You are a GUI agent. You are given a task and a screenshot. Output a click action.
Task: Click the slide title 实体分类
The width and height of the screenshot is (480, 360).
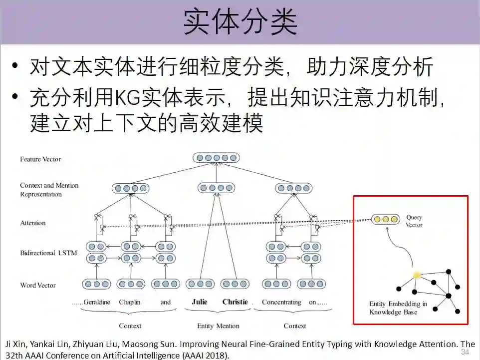[240, 22]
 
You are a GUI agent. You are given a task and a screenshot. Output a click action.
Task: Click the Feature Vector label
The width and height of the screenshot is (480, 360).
[40, 159]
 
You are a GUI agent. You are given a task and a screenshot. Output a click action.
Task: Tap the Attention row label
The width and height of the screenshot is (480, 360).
[33, 223]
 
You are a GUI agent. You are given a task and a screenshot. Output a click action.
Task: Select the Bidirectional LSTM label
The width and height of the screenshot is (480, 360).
[48, 253]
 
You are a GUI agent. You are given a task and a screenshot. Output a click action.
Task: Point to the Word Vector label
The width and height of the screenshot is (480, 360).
[38, 286]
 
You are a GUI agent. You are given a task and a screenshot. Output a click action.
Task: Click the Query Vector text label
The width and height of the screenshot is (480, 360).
[414, 221]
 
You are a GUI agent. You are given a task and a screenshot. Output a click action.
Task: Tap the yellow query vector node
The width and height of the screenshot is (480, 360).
[385, 219]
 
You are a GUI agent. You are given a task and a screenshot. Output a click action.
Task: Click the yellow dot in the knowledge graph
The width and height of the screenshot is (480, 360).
[417, 275]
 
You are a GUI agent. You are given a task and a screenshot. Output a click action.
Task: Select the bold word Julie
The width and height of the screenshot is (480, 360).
[200, 302]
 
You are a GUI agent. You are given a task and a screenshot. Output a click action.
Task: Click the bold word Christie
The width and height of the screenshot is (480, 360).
[235, 302]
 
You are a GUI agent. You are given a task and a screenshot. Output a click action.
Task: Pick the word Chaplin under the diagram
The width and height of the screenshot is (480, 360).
[130, 302]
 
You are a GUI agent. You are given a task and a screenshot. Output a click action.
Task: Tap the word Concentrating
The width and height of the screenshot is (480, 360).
[281, 302]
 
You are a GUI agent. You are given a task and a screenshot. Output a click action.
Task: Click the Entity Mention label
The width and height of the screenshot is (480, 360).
[218, 326]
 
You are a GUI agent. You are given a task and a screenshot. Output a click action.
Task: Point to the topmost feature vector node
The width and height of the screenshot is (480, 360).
[216, 158]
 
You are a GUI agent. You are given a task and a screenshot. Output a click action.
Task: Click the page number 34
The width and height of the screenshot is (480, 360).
[465, 352]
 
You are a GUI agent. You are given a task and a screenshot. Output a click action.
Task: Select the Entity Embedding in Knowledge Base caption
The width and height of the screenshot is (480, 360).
[398, 308]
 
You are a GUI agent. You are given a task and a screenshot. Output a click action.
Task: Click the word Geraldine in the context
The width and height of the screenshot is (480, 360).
[97, 302]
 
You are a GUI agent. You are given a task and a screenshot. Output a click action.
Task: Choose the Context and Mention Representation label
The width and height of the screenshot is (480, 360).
[49, 190]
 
